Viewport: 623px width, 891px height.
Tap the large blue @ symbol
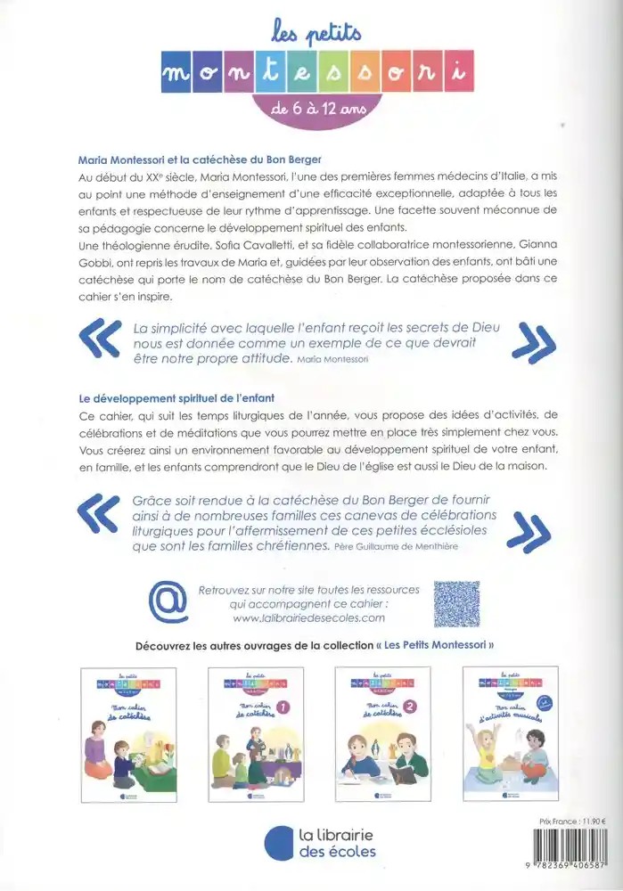coord(167,602)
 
